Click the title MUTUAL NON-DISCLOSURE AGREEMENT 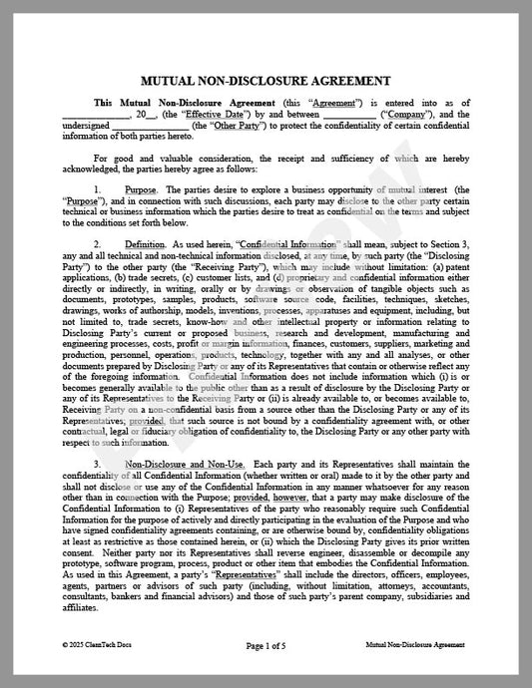(266, 80)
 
